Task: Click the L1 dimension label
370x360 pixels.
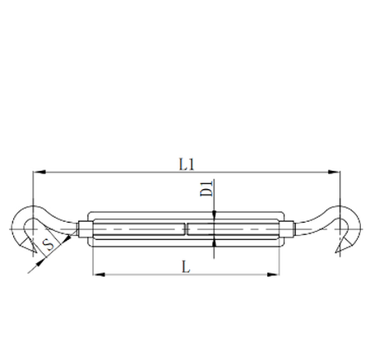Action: click(x=187, y=164)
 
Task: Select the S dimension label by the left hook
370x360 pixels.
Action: click(x=49, y=244)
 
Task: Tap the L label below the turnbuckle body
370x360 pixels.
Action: click(x=187, y=265)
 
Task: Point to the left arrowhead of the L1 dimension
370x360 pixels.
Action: click(x=36, y=173)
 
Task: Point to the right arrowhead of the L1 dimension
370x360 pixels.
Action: click(x=336, y=173)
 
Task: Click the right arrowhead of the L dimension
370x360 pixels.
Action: click(x=279, y=274)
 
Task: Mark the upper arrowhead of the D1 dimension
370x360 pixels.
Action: click(x=214, y=215)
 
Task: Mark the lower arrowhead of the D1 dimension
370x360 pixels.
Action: click(x=214, y=241)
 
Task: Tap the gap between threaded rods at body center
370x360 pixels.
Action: click(x=187, y=228)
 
